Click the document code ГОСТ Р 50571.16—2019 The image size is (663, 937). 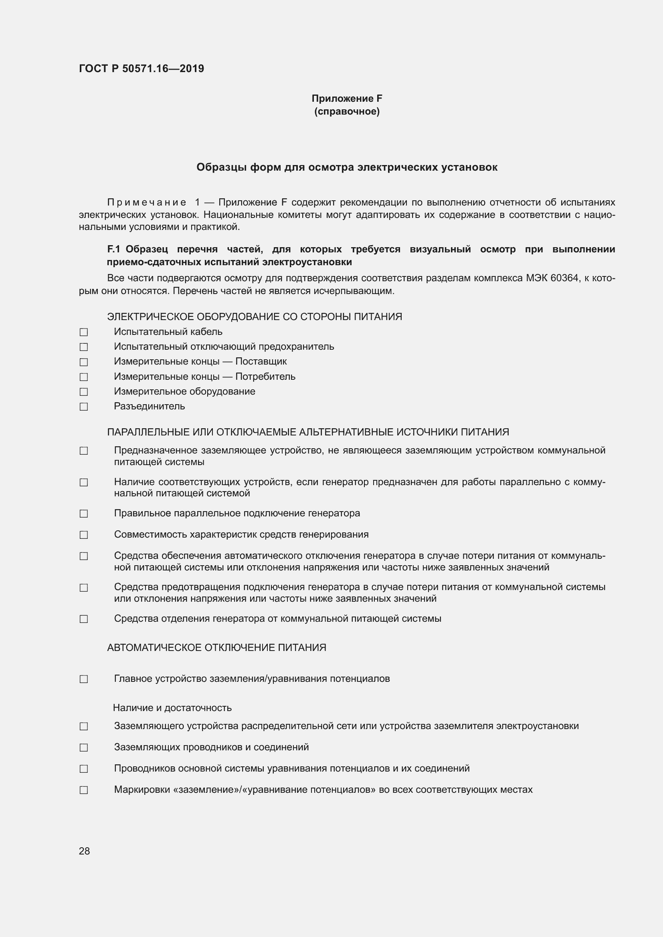pos(141,69)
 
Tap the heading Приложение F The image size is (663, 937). pos(347,99)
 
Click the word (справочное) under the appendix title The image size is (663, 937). pos(347,111)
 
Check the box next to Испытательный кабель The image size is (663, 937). pos(84,332)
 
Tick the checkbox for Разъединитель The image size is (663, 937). pos(84,407)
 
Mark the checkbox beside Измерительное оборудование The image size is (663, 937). pos(84,392)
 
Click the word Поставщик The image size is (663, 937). pos(261,362)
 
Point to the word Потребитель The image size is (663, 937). pos(265,377)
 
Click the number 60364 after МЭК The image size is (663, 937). pos(564,278)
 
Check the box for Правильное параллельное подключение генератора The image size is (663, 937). pos(84,514)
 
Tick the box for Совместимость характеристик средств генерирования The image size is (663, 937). pos(84,535)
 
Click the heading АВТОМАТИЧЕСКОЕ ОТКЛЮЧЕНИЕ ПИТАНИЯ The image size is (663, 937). pos(216,648)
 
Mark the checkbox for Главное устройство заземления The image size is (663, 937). pos(84,679)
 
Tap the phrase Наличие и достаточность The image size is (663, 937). pos(172,708)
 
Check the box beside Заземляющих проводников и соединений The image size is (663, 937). pos(84,748)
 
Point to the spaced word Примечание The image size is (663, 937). pos(147,203)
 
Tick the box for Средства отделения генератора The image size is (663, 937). pos(84,619)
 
